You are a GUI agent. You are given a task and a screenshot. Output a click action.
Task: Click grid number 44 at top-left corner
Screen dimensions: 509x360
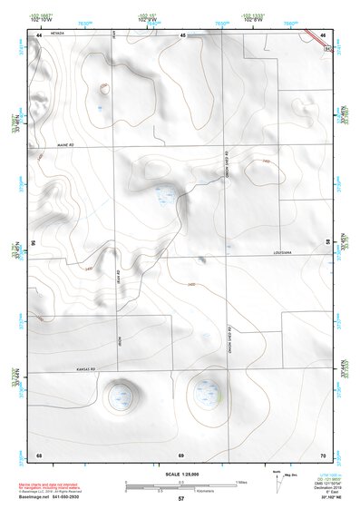pyautogui.click(x=39, y=34)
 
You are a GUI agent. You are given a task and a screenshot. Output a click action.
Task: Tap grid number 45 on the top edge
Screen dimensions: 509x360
pyautogui.click(x=182, y=34)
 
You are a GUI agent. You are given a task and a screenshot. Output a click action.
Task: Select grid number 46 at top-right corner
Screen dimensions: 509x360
pyautogui.click(x=324, y=34)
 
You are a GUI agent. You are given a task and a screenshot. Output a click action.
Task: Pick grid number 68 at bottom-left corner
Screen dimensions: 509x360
pyautogui.click(x=39, y=454)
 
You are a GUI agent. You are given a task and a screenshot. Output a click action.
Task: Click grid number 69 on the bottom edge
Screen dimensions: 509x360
pyautogui.click(x=181, y=454)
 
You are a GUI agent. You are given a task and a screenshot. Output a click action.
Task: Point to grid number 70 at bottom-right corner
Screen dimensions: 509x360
pyautogui.click(x=324, y=454)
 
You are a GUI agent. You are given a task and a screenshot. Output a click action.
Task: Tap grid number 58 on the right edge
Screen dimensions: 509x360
pyautogui.click(x=327, y=243)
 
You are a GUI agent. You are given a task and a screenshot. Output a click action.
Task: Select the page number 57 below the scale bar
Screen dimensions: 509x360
pyautogui.click(x=181, y=499)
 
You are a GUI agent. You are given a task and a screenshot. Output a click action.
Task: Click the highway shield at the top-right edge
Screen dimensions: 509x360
pyautogui.click(x=328, y=42)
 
